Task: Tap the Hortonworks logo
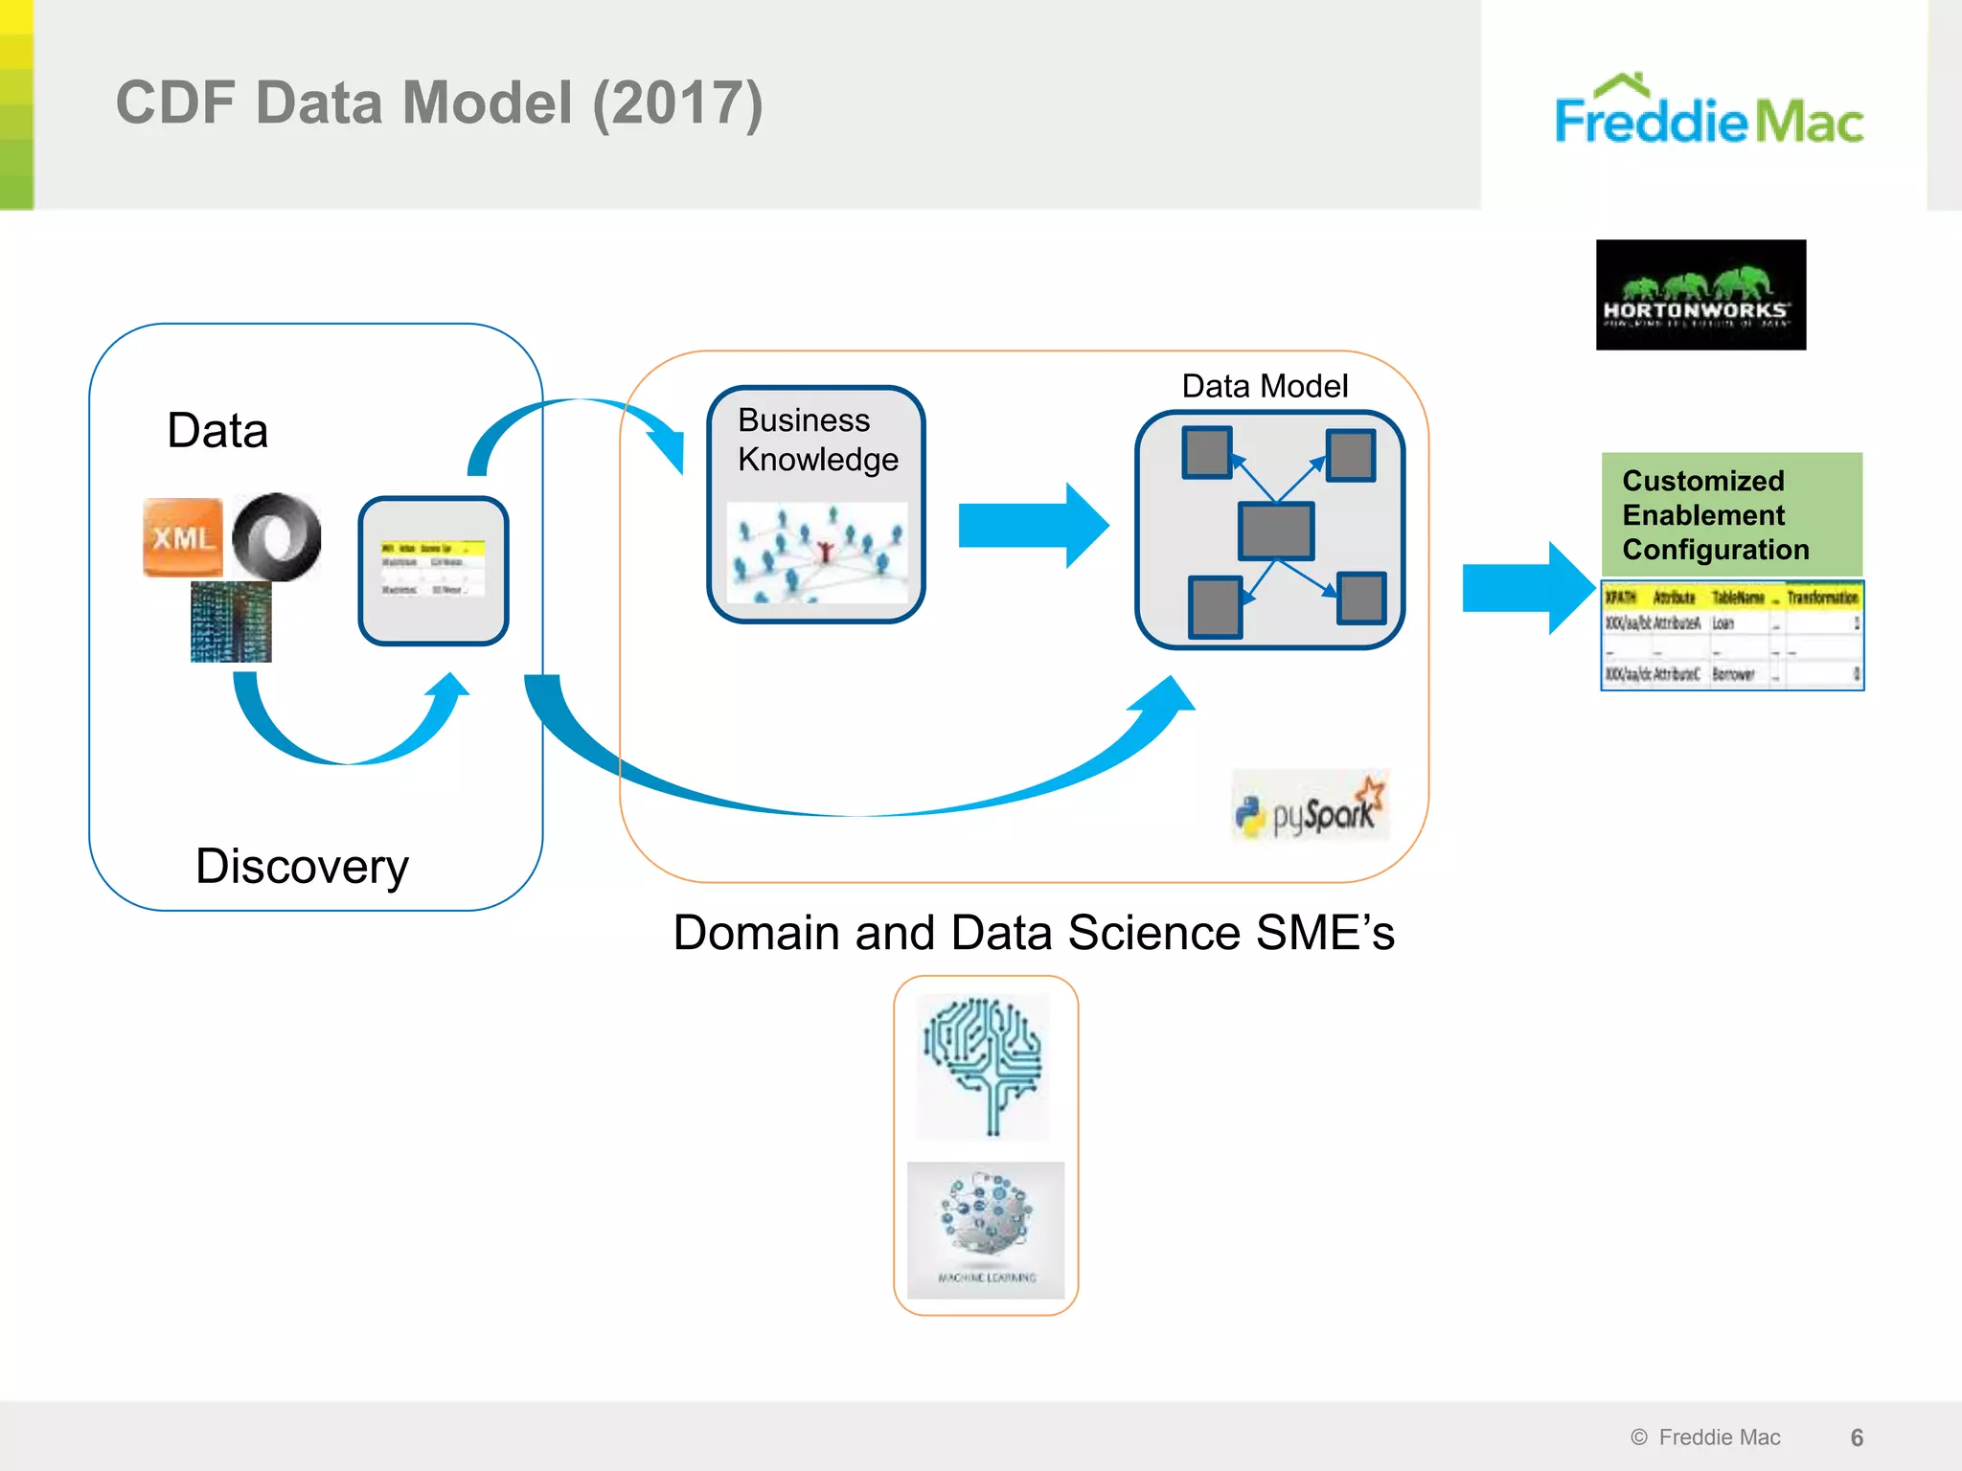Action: tap(1700, 295)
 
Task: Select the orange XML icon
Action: tap(182, 537)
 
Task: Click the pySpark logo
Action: tap(1310, 807)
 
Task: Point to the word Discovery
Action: tap(302, 867)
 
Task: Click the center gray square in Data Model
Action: tap(1275, 531)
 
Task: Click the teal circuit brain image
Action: tap(983, 1066)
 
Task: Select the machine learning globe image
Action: tap(986, 1228)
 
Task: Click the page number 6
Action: tap(1857, 1437)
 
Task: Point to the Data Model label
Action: tap(1265, 386)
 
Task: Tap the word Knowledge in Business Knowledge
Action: tap(818, 460)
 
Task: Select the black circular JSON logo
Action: tap(277, 536)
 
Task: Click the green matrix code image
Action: tap(231, 622)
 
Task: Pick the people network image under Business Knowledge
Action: tap(817, 554)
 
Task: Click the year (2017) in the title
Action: tap(677, 103)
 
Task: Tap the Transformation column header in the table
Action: tap(1822, 598)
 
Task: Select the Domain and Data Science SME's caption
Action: tap(1034, 933)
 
